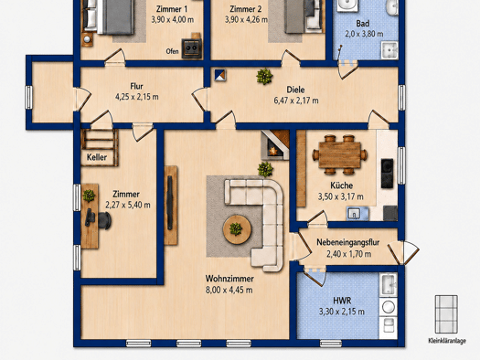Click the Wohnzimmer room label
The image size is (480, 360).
coord(229,279)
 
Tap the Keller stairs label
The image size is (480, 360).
coord(97,157)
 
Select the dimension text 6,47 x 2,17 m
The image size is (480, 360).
coord(296,101)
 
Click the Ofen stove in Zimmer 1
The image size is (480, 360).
coord(192,48)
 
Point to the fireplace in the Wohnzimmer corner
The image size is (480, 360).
coord(275,145)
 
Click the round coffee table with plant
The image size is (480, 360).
coord(237,229)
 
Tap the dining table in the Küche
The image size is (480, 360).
coord(339,154)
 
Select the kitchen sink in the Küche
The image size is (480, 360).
coord(357,213)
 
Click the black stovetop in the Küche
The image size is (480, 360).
coord(387,174)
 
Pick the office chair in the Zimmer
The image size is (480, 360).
coord(101,219)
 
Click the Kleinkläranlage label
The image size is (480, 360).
coord(447,341)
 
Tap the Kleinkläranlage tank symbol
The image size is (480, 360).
coord(447,314)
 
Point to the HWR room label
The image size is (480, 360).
coord(342,301)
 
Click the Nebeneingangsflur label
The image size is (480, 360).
coord(348,242)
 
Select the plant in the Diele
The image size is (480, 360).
coord(264,76)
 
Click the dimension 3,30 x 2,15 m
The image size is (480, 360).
coord(342,312)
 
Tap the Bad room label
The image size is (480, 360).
coord(363,24)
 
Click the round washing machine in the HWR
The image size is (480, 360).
coord(389,307)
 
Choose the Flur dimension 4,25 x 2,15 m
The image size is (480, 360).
coord(137,97)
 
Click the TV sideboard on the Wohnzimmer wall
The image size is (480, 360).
coord(170,206)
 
